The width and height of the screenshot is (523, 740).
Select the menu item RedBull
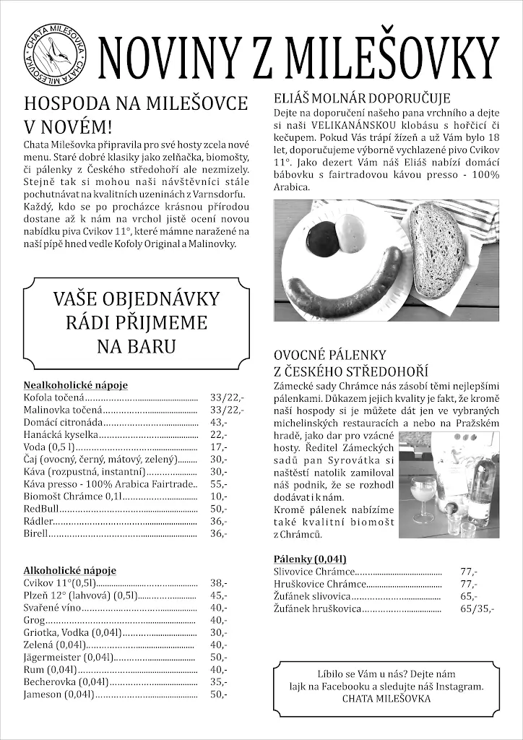[41, 509]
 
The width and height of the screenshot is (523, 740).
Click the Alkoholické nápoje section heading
[69, 571]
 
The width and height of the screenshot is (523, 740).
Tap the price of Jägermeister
[219, 658]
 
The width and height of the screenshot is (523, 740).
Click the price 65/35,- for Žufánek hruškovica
[477, 609]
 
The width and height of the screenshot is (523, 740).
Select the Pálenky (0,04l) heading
[310, 559]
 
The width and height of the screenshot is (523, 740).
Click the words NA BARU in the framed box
[137, 346]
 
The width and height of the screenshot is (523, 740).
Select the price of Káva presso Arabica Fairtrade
[219, 484]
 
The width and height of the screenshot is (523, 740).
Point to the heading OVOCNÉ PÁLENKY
[330, 355]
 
